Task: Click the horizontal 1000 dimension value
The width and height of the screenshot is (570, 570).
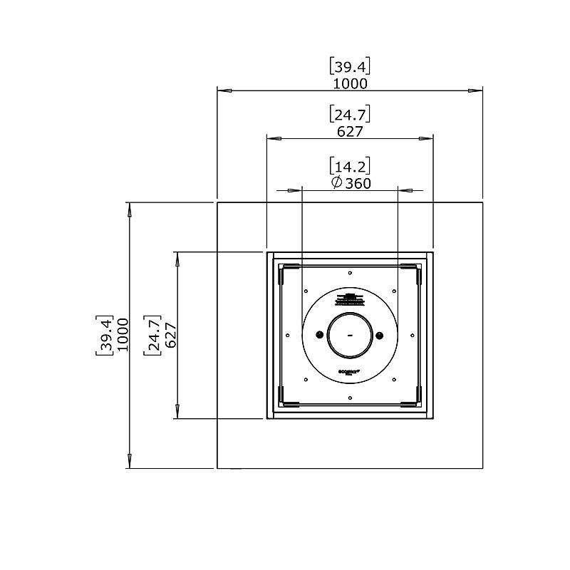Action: tap(350, 84)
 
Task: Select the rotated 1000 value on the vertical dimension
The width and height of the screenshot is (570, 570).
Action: tap(123, 335)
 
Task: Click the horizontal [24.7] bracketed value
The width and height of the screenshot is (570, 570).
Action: tap(350, 115)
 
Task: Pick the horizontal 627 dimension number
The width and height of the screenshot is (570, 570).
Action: tap(350, 132)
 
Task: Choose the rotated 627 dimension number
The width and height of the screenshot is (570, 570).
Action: tap(170, 335)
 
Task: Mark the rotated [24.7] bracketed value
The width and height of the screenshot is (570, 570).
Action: tap(152, 335)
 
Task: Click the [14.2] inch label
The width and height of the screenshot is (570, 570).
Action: tap(350, 167)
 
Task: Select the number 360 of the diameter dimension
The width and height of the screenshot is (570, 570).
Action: tap(357, 184)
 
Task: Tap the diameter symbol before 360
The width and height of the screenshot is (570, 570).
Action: tap(337, 184)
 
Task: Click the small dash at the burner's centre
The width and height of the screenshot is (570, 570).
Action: tap(350, 335)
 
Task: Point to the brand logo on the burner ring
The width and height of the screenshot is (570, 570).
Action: tap(350, 372)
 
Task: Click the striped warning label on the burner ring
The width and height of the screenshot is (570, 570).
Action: tap(350, 299)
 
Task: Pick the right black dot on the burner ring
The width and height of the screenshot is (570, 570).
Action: tap(380, 335)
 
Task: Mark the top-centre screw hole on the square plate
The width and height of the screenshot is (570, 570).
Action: tap(350, 271)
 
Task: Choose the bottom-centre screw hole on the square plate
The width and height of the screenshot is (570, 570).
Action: tap(350, 398)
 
